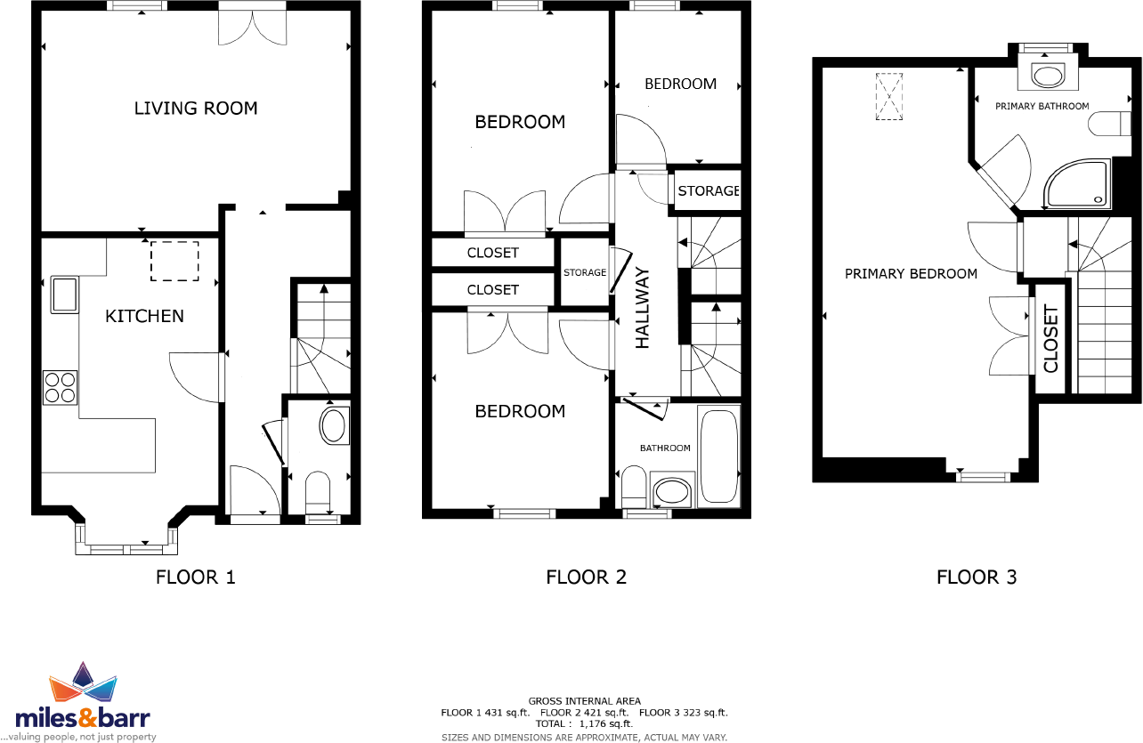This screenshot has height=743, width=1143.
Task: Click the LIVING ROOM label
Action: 196,109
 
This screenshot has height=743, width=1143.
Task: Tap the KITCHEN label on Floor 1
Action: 144,316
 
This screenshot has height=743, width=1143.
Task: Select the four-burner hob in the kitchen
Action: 61,387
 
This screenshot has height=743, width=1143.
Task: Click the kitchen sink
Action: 65,295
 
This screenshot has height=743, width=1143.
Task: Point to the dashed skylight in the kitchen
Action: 174,262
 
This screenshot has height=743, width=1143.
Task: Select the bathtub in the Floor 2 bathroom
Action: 719,456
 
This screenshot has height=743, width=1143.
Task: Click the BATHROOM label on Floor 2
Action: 666,448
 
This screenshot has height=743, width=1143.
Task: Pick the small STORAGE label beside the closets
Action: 584,273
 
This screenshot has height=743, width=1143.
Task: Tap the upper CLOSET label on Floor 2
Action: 492,253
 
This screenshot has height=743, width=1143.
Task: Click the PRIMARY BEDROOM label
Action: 911,274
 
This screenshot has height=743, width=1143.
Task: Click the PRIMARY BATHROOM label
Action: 1042,106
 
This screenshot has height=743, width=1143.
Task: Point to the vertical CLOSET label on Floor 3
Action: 1050,339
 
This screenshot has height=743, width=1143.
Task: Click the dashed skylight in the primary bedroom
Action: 888,95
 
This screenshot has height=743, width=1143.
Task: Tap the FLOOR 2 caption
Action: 586,577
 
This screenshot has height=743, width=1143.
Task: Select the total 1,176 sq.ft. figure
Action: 584,724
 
